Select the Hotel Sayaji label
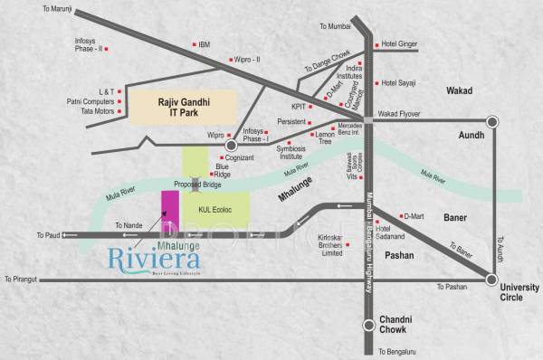403,83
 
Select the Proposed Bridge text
197,184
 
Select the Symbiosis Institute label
302,149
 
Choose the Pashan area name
399,256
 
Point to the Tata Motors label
88,111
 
